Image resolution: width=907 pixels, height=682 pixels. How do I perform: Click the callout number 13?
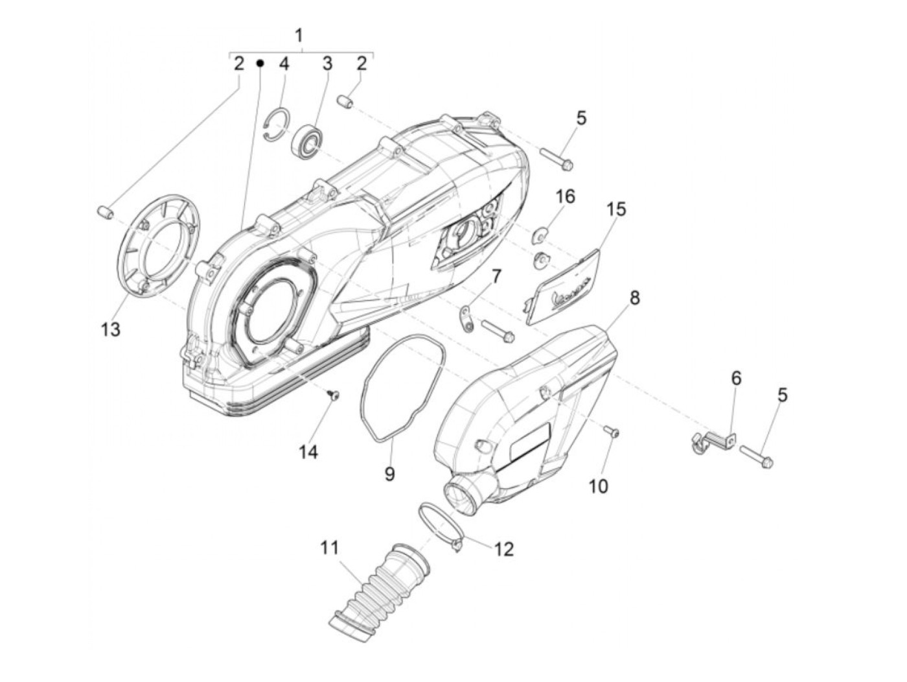pyautogui.click(x=110, y=329)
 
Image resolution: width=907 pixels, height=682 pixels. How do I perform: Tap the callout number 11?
pyautogui.click(x=329, y=548)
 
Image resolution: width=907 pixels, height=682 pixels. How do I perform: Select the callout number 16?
pyautogui.click(x=566, y=196)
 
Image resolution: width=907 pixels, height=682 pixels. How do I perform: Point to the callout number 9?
pyautogui.click(x=389, y=474)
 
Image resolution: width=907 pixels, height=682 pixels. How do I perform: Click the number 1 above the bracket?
pyautogui.click(x=299, y=36)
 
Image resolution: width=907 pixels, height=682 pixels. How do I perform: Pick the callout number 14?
pyautogui.click(x=308, y=451)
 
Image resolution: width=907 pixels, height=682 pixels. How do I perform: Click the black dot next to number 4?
pyautogui.click(x=259, y=63)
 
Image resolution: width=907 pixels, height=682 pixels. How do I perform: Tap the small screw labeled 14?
pyautogui.click(x=334, y=395)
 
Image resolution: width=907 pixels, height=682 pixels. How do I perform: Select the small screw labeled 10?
pyautogui.click(x=611, y=430)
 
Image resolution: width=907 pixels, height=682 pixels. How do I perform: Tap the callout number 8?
pyautogui.click(x=634, y=298)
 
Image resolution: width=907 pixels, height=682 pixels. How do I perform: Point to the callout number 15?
pyautogui.click(x=616, y=209)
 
